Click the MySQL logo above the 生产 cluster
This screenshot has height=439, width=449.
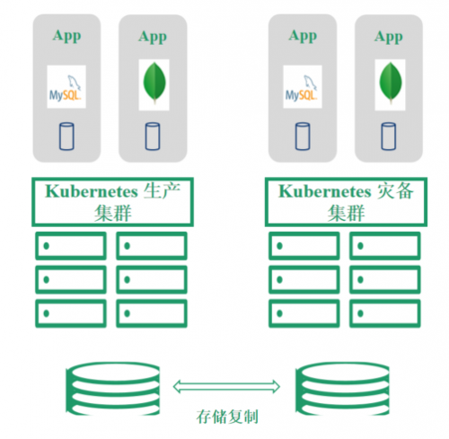66,87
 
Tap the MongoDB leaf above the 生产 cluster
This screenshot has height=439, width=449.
154,83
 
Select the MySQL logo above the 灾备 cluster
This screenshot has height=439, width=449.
303,87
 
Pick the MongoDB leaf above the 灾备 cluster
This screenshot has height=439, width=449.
390,83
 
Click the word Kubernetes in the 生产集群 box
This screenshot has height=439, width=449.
92,191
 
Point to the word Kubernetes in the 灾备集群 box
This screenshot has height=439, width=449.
325,191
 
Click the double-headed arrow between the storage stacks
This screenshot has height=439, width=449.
226,387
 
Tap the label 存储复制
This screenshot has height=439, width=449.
227,417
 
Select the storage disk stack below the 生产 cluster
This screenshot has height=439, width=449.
113,389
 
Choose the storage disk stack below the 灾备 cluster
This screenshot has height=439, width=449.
343,389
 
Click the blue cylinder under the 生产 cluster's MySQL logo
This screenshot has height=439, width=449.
66,136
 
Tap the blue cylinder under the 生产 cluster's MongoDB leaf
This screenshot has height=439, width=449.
153,136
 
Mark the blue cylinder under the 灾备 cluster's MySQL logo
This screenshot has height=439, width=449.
303,136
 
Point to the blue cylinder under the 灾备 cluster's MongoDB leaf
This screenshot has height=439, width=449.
389,136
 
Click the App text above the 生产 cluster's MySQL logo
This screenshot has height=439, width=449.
66,37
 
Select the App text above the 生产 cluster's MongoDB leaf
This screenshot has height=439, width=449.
153,37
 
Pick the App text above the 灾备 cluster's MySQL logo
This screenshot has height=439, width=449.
303,37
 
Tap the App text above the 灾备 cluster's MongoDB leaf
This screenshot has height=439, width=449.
389,37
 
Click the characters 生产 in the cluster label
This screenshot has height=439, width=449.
162,191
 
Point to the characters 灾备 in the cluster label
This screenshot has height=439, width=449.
395,191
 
